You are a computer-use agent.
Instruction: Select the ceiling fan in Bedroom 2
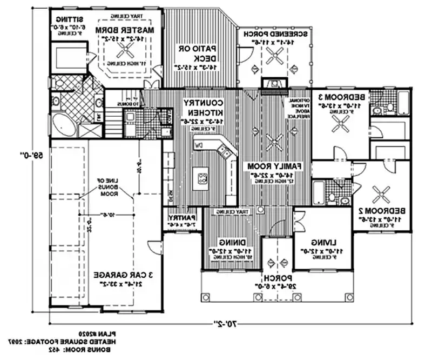click(382, 192)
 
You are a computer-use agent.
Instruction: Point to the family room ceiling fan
click(276, 143)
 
